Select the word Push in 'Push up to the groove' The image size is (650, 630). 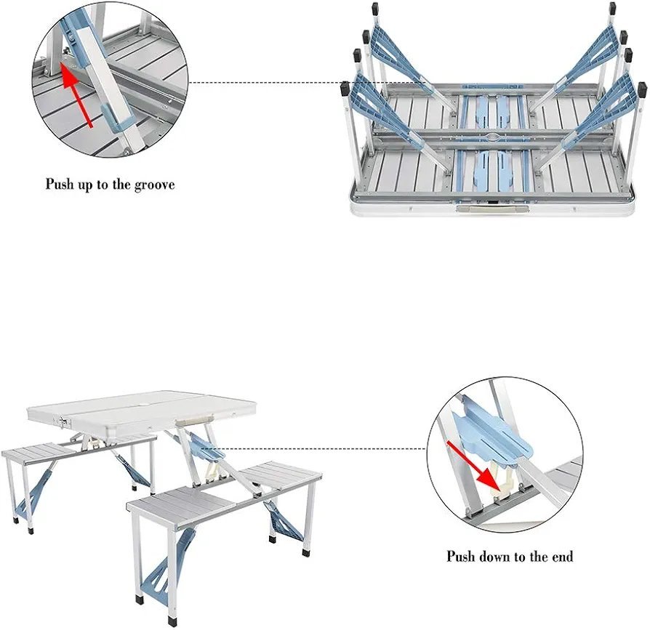60,185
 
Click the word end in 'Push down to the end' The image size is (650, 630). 561,557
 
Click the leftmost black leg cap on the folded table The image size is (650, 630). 345,90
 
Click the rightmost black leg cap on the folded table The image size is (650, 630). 642,88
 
